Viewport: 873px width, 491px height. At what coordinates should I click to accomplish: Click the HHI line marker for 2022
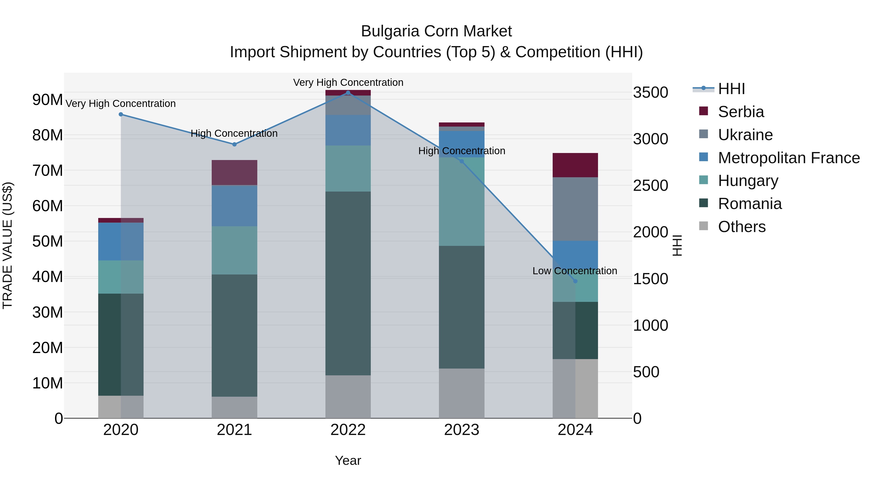(x=348, y=93)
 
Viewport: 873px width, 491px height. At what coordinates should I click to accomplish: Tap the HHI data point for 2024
(x=575, y=281)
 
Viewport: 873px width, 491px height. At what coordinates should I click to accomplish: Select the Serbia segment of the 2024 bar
(x=575, y=165)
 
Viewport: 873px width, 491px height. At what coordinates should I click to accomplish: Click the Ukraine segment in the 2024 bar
(x=575, y=209)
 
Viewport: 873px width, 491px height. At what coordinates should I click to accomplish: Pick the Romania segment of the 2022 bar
(x=348, y=283)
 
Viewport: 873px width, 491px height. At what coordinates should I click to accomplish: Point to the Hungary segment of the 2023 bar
(x=461, y=202)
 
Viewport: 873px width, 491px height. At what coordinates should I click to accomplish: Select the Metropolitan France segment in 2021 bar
(x=234, y=206)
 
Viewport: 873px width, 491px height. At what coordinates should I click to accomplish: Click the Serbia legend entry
(x=741, y=112)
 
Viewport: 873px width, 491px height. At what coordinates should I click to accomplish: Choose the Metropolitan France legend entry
(x=788, y=158)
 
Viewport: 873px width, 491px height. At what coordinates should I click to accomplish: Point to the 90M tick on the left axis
(x=48, y=100)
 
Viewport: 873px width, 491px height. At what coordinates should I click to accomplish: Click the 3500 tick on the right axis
(x=650, y=93)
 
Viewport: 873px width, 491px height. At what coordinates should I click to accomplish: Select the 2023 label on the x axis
(x=461, y=430)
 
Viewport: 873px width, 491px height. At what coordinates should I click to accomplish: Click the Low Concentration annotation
(x=574, y=271)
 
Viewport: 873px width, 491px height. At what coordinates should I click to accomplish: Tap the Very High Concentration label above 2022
(x=348, y=82)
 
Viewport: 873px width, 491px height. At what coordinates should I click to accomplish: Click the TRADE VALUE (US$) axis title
(x=8, y=245)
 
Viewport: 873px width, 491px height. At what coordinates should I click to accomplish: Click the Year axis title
(x=348, y=460)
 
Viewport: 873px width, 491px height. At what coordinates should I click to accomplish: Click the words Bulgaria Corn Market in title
(x=436, y=31)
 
